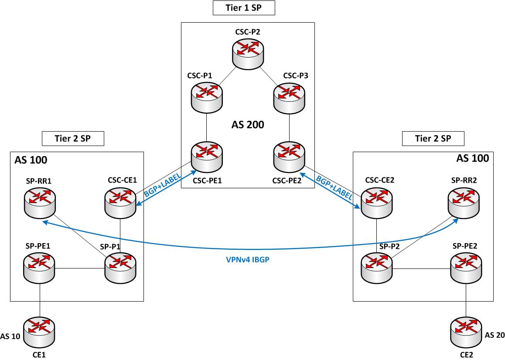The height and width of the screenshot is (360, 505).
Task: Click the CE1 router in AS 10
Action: pyautogui.click(x=40, y=333)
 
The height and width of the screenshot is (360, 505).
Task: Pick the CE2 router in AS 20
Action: pyautogui.click(x=466, y=333)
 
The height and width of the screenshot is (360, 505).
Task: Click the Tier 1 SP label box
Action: pyautogui.click(x=244, y=7)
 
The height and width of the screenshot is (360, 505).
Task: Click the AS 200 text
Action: pyautogui.click(x=248, y=125)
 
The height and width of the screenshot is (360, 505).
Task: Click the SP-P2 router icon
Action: pyautogui.click(x=376, y=265)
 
